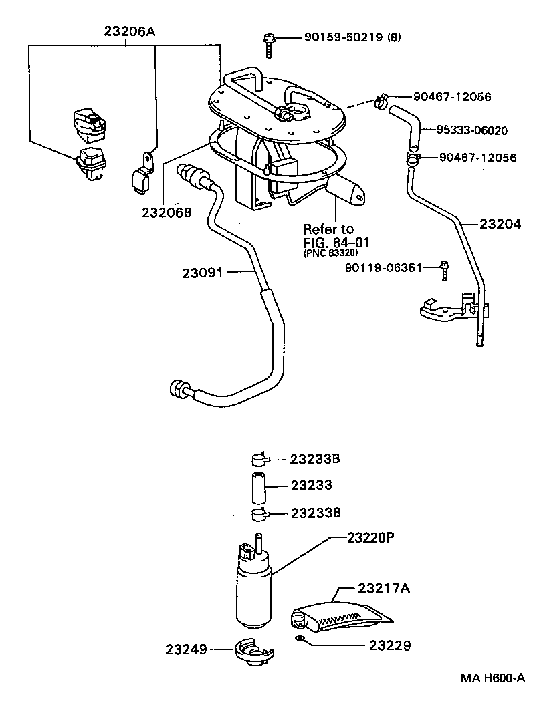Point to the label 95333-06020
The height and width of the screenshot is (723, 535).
coord(472,130)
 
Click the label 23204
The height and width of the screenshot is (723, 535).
coord(500,225)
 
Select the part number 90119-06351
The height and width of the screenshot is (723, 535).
coord(384,267)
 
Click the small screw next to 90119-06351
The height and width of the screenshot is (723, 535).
coord(443,271)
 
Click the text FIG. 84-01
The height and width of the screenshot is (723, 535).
coord(336,241)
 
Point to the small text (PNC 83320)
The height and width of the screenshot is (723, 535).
coord(330,253)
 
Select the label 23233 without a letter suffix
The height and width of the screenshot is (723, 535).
coord(311,486)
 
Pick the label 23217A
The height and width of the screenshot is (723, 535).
coord(383,589)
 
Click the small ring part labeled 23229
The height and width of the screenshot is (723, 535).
coord(300,641)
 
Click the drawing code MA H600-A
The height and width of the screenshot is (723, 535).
coord(492,678)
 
